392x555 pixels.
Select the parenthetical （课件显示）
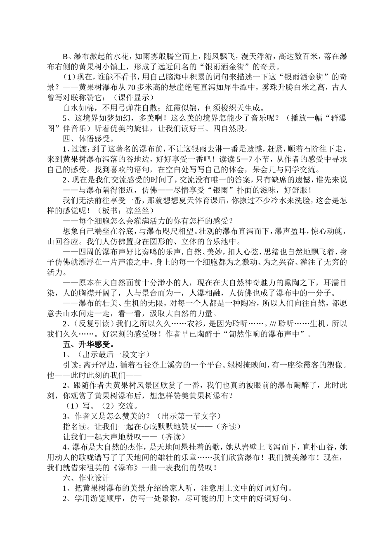click(132, 97)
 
